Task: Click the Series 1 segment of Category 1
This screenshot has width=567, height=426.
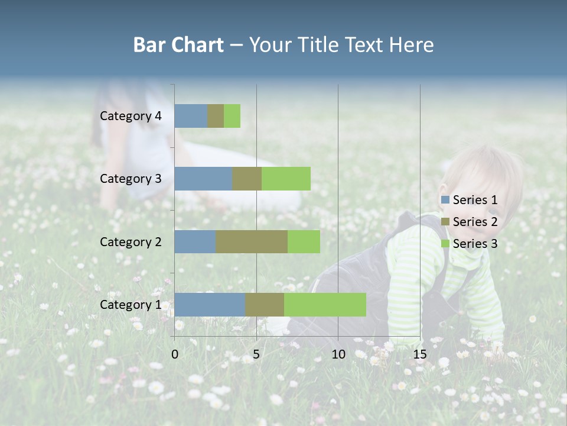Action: [210, 304]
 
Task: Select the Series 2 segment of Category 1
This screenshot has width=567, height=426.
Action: [265, 304]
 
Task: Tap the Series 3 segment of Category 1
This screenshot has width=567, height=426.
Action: [325, 304]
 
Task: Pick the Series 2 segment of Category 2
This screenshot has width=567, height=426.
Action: [252, 241]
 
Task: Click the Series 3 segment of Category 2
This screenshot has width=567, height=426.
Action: [304, 241]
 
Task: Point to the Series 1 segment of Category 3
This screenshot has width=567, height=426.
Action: [203, 179]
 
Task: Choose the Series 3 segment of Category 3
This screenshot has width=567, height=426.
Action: [286, 179]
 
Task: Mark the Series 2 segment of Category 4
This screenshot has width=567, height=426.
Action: [216, 116]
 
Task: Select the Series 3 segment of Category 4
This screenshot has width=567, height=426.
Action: [232, 116]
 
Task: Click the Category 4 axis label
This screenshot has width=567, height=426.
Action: [131, 116]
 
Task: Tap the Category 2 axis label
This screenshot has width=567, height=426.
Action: [131, 241]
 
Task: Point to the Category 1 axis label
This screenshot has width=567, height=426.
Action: [131, 305]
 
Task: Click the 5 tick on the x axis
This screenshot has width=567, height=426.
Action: [256, 354]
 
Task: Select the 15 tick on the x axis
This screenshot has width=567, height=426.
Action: [420, 354]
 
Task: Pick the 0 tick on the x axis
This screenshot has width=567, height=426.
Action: [175, 354]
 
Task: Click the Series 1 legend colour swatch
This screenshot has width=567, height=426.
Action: [445, 200]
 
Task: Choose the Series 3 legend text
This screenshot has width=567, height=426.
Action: [475, 244]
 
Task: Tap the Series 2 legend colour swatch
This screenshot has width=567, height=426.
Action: [445, 222]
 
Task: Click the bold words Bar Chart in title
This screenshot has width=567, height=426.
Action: [178, 45]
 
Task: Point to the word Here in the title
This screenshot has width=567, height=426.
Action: [411, 45]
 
